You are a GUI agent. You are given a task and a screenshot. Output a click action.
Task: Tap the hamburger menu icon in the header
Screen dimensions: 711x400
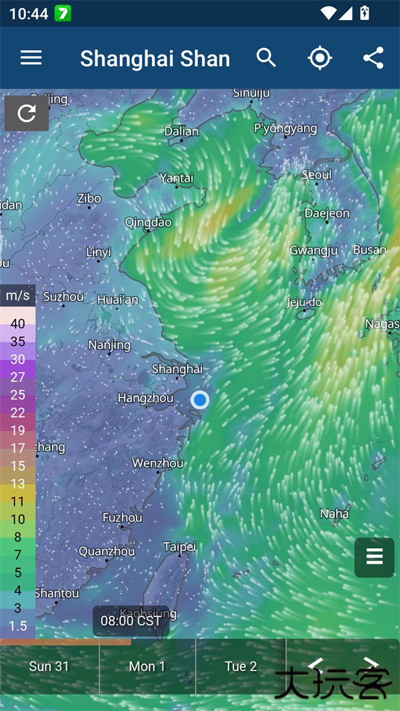(31, 58)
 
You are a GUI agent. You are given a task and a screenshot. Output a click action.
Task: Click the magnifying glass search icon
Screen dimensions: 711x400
(266, 58)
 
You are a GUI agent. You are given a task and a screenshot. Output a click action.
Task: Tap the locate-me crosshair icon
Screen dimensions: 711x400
(320, 58)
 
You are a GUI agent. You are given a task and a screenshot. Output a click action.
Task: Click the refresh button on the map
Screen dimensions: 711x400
(27, 113)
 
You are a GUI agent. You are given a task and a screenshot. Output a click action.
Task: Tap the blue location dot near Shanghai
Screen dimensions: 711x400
(200, 400)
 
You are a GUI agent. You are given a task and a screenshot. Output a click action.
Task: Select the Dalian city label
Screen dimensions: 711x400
(181, 131)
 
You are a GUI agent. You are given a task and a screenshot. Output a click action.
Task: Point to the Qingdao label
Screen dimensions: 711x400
(148, 222)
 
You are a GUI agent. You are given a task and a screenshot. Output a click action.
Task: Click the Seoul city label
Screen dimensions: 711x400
(316, 175)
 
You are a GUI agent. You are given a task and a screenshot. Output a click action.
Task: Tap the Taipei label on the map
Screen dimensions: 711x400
(179, 547)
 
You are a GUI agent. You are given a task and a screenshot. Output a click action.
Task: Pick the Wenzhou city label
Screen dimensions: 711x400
(158, 463)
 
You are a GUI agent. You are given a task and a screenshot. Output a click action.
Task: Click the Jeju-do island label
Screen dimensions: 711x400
(304, 302)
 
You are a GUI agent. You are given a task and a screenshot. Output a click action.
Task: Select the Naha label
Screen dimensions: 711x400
(334, 514)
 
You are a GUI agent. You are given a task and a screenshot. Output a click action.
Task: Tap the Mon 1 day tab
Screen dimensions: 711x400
(147, 666)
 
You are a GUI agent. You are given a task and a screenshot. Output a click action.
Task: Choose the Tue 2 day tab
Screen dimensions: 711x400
(241, 666)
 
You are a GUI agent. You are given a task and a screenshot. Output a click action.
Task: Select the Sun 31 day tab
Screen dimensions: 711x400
(49, 666)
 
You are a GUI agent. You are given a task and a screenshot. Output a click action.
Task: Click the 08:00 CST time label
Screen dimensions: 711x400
(131, 621)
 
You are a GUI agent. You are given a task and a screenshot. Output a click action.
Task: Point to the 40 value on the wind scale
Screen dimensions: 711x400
(18, 324)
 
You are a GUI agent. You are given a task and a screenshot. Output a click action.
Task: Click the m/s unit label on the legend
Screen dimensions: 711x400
(17, 295)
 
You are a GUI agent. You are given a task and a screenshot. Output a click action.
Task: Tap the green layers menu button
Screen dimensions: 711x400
(375, 557)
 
